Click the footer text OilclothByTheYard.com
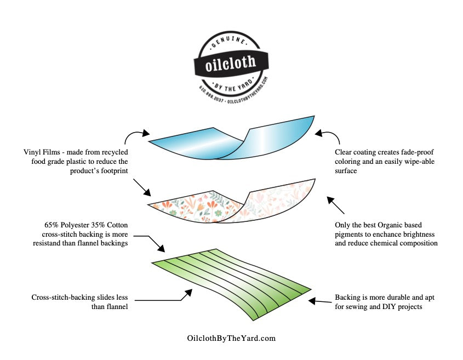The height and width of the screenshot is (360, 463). click(231, 338)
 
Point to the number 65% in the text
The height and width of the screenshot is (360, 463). click(52, 225)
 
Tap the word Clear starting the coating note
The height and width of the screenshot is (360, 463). click(346, 152)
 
